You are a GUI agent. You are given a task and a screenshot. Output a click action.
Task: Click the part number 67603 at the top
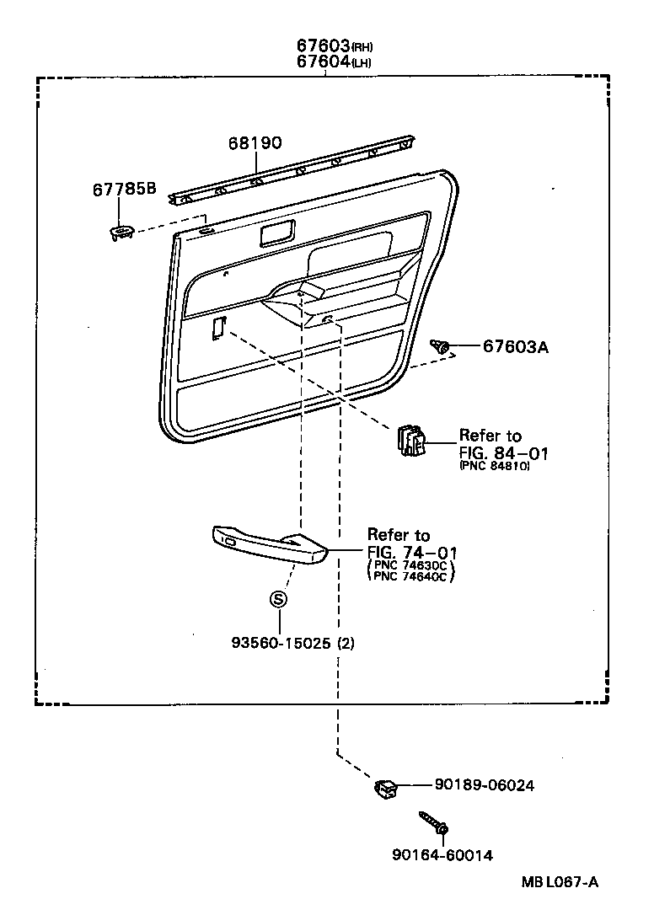(323, 45)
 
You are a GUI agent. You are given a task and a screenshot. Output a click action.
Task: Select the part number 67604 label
(323, 62)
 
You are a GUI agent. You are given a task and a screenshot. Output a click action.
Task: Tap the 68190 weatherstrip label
(254, 143)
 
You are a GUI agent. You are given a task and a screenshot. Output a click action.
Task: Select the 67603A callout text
(515, 346)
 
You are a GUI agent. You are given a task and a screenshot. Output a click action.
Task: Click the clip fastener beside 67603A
(441, 345)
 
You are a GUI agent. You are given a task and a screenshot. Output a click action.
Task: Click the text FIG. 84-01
(503, 453)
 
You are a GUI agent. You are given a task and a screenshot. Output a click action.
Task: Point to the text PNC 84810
(495, 467)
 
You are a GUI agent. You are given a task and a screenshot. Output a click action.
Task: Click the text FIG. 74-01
(411, 552)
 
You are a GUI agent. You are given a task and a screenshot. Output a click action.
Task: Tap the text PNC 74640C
(411, 577)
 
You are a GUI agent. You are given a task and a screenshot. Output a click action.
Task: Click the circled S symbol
(278, 600)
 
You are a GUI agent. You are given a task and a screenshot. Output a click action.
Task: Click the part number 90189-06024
(485, 785)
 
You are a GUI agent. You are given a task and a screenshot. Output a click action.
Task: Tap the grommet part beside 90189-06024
(387, 789)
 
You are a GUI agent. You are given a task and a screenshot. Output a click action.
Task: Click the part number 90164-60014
(442, 855)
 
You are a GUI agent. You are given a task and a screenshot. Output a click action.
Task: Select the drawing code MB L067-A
(559, 882)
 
